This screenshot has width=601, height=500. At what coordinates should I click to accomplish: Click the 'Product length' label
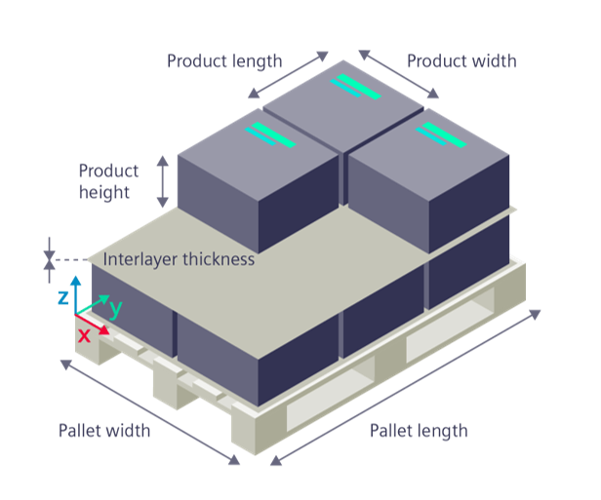tap(224, 61)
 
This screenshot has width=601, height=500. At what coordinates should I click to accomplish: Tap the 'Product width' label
tap(461, 61)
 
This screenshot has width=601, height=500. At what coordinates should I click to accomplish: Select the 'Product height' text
tap(108, 181)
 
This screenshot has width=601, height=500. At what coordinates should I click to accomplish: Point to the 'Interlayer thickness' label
tap(179, 259)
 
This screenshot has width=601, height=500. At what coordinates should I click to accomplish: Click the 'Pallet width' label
tap(104, 431)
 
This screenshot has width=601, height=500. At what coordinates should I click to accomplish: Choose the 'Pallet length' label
tap(419, 431)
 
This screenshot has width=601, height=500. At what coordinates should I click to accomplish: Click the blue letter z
tap(63, 297)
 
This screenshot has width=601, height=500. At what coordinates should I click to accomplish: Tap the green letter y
tap(115, 308)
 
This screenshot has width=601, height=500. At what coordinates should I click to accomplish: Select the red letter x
tap(84, 335)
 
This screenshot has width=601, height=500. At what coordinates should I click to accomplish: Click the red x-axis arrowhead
tap(103, 330)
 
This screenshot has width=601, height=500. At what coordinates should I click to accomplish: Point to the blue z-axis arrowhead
tap(76, 281)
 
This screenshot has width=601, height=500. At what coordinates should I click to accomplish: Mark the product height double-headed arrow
tap(163, 181)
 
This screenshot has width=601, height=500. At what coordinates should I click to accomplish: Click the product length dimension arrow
tap(288, 75)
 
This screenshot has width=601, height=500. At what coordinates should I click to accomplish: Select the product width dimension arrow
tap(399, 74)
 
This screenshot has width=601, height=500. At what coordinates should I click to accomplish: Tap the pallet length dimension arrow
tap(405, 388)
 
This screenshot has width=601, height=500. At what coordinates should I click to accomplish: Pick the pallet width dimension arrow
tap(150, 412)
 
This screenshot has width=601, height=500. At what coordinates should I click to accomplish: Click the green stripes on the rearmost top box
tap(356, 87)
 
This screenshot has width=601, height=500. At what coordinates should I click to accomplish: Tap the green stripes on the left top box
tap(270, 135)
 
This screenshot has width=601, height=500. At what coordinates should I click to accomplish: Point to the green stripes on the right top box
tap(441, 135)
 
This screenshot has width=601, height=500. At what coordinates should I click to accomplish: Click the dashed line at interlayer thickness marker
tap(71, 260)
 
